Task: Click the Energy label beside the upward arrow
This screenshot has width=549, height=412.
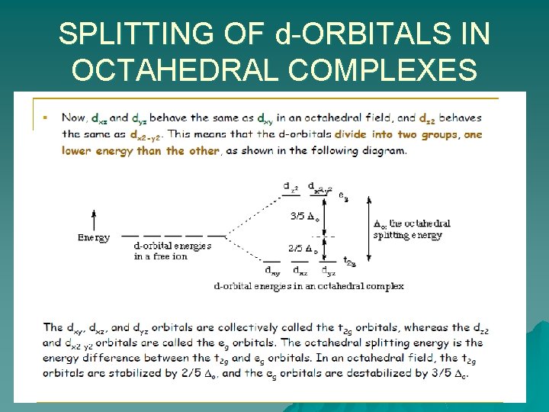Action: pos(94,237)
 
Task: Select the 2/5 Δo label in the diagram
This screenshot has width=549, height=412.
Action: pos(303,248)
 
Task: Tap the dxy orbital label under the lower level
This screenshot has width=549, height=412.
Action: pos(271,269)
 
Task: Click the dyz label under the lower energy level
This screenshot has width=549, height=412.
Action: pos(328,269)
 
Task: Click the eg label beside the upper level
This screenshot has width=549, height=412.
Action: pos(344,196)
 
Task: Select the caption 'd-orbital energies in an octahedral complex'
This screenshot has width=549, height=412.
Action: pos(309,286)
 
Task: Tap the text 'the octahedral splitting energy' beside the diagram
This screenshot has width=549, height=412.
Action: pos(412,230)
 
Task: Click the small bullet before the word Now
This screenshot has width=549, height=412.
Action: pos(46,117)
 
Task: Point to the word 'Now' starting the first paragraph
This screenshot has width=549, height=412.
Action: pos(74,118)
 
